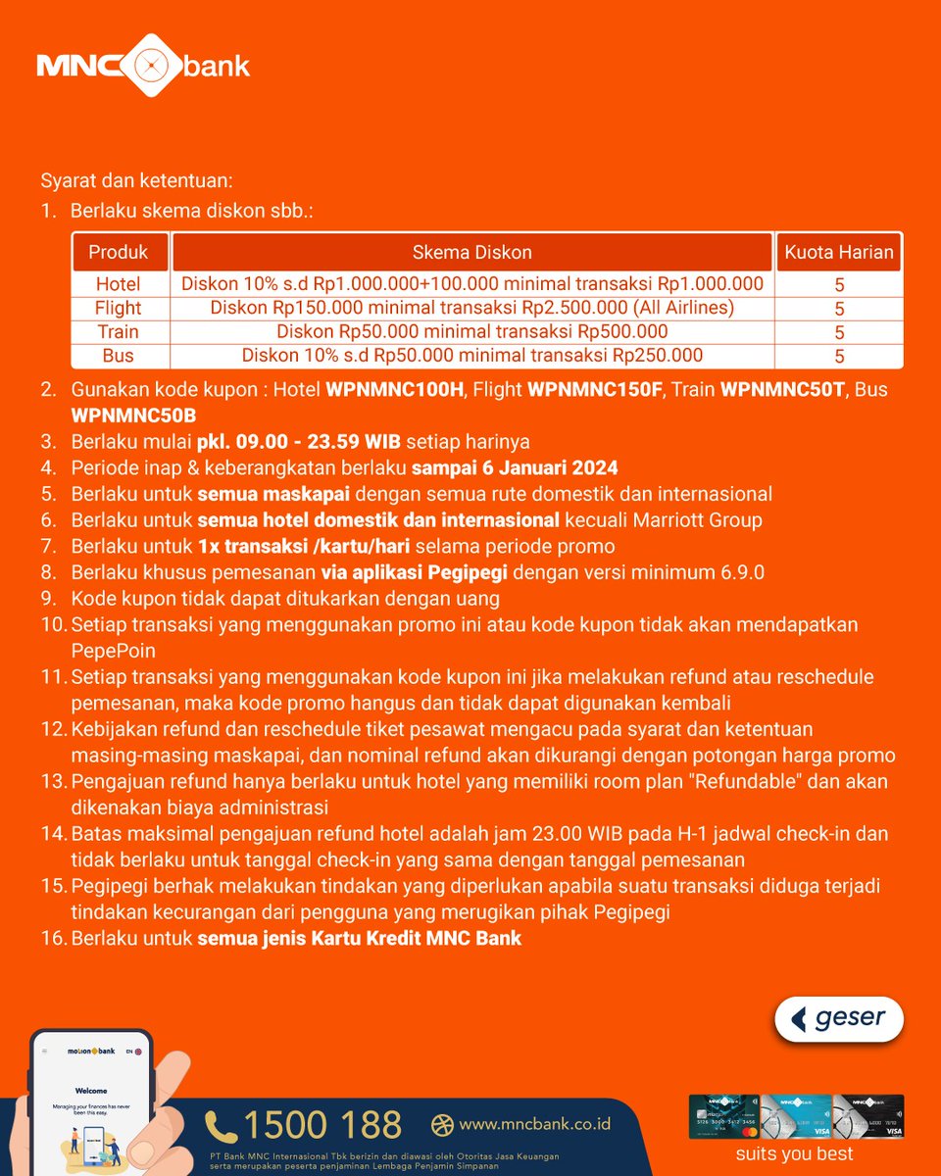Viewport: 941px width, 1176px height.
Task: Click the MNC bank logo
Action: [x=143, y=66]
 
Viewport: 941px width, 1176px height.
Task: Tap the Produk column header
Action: [x=118, y=252]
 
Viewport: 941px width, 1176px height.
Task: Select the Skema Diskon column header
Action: [x=471, y=252]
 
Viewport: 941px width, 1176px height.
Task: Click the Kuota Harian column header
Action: [x=839, y=252]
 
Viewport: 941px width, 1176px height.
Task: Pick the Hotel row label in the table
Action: [x=118, y=284]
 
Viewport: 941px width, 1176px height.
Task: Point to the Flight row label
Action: [x=118, y=308]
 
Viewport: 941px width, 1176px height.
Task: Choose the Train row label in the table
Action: [x=118, y=331]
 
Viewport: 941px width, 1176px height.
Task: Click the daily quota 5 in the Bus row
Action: [x=839, y=357]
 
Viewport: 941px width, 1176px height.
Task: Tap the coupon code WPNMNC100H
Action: [x=395, y=390]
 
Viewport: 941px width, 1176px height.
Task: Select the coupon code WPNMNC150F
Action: [x=595, y=390]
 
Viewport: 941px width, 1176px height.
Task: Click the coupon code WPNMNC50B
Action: [x=134, y=416]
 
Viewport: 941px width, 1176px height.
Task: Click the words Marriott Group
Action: [x=698, y=520]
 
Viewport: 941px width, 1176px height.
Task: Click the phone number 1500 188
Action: [x=322, y=1125]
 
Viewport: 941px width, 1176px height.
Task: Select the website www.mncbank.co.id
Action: [x=535, y=1124]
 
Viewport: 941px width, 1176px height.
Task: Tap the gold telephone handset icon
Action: [x=221, y=1127]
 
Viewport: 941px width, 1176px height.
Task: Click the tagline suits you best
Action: [x=794, y=1153]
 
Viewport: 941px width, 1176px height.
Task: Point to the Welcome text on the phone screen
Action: [x=91, y=1091]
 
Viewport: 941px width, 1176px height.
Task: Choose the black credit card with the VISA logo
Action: [x=867, y=1116]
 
